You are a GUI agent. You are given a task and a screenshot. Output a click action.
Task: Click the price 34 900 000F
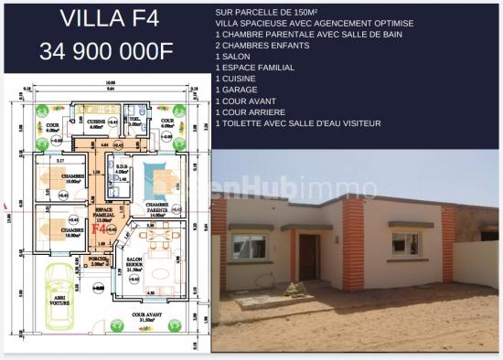coord(106,51)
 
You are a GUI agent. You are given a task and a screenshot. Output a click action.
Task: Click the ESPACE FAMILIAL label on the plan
coord(104,216)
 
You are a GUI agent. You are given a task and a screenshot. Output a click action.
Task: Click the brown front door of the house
coord(308,258)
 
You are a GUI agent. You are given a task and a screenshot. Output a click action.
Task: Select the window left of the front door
coord(249,246)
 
